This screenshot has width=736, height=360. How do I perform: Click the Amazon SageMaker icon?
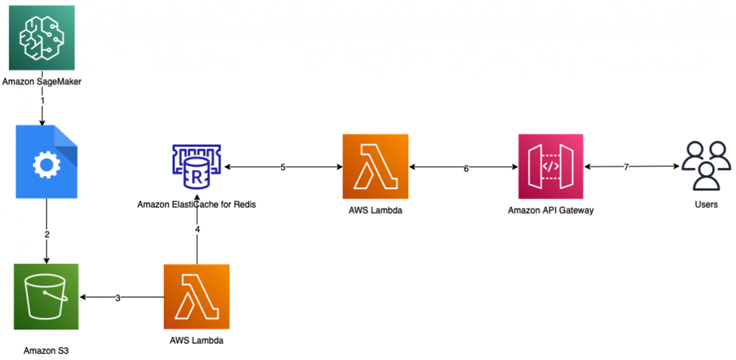(41, 38)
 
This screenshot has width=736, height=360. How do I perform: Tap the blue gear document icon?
(47, 162)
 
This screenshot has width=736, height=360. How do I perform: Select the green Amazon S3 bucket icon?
(46, 296)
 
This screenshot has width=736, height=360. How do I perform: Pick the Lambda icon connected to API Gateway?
(376, 167)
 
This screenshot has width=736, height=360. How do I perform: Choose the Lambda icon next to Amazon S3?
(196, 296)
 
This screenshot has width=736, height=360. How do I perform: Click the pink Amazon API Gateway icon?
(550, 167)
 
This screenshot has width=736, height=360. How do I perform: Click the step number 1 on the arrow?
(42, 101)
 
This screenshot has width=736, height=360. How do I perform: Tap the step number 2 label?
(47, 234)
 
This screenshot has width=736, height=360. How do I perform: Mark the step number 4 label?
(197, 230)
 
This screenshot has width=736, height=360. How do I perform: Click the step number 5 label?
(283, 167)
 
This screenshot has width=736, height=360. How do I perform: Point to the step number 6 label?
(466, 168)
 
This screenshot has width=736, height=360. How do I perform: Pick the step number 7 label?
(626, 167)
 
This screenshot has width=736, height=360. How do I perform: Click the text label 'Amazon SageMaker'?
(41, 82)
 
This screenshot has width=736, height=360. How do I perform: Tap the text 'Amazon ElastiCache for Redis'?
(196, 205)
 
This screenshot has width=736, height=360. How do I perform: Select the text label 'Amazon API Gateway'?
(550, 210)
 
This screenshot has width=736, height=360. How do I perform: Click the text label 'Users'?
(706, 205)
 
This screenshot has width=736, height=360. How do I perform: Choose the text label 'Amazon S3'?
(46, 351)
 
